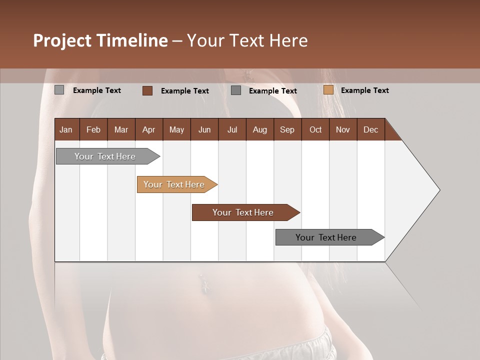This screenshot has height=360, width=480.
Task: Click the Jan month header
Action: tap(66, 129)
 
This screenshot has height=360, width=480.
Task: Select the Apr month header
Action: tap(148, 129)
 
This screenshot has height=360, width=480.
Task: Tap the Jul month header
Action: tap(232, 129)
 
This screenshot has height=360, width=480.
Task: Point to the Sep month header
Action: tap(287, 129)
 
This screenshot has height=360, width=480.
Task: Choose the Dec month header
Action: tap(370, 129)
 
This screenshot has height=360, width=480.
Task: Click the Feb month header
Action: tap(93, 129)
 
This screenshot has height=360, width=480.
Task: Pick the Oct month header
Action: tap(315, 129)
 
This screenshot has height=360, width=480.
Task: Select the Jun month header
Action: tap(204, 129)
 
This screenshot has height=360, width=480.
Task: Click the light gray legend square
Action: tap(59, 90)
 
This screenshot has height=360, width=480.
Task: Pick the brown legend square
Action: tap(147, 90)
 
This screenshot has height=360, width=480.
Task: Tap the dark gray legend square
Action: tap(236, 90)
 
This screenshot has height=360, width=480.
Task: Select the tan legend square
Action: tap(328, 90)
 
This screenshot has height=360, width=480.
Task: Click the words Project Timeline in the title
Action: tap(100, 40)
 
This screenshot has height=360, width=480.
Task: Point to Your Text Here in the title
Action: tap(247, 40)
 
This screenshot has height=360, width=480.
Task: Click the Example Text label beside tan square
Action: tap(364, 90)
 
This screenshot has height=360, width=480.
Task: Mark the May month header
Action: tap(176, 129)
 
